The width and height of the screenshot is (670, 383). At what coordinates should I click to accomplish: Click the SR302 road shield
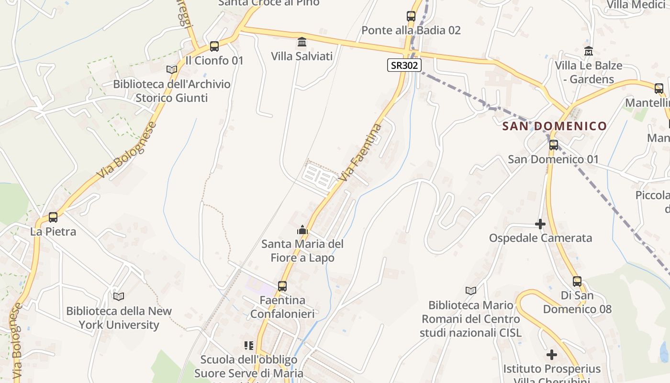coord(404,65)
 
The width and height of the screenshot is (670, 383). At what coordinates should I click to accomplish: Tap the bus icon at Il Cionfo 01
coord(214,46)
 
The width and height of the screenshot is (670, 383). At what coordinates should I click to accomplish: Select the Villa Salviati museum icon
coord(302,42)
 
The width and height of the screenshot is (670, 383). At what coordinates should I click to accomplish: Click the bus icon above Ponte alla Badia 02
coord(411,16)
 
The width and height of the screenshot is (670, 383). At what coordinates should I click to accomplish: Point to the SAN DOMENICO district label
coord(554,126)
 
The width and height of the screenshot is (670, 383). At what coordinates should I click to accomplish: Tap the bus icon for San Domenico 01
coord(554,145)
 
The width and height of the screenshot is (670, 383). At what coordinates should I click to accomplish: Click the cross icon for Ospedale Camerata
coord(540,224)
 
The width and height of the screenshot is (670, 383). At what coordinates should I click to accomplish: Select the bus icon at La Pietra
coord(53,217)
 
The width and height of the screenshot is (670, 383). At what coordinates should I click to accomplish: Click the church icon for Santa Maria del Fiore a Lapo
coord(302,230)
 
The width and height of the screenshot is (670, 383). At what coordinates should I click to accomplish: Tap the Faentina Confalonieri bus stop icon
coord(282,286)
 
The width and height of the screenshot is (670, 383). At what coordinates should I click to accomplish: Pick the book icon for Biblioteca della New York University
coord(119,297)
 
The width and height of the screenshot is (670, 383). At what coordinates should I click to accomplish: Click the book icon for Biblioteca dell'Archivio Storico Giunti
coord(171,70)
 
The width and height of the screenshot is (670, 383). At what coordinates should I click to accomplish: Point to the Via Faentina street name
coord(360,152)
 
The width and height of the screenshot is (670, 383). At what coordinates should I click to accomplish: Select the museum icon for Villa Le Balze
coord(589,51)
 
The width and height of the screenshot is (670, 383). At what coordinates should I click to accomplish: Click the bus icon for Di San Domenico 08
coord(577,282)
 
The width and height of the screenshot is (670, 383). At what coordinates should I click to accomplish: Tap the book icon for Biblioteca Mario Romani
coord(471,291)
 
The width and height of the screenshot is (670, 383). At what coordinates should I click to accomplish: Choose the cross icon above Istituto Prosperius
coord(552,355)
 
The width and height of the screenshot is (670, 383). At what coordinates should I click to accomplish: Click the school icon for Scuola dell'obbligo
coord(249,345)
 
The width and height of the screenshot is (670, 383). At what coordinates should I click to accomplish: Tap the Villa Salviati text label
coord(301,56)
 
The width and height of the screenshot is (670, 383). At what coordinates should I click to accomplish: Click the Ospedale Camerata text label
coord(540,238)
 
